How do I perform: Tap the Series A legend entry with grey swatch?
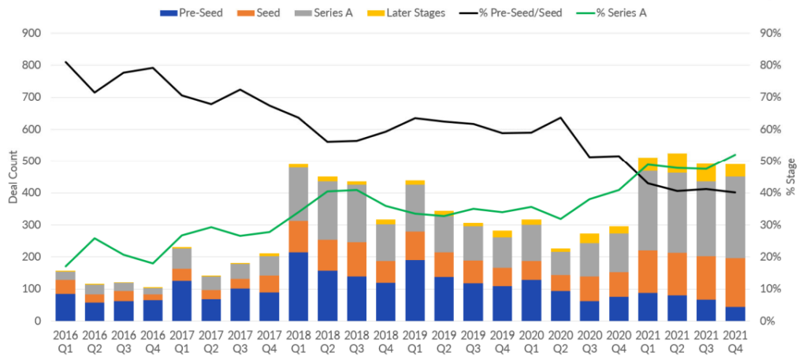click(335, 13)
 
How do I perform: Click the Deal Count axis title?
click(13, 177)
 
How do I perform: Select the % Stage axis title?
click(794, 177)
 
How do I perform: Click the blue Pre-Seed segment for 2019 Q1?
click(415, 291)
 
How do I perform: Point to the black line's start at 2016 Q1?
click(66, 61)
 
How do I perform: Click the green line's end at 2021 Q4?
click(736, 154)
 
